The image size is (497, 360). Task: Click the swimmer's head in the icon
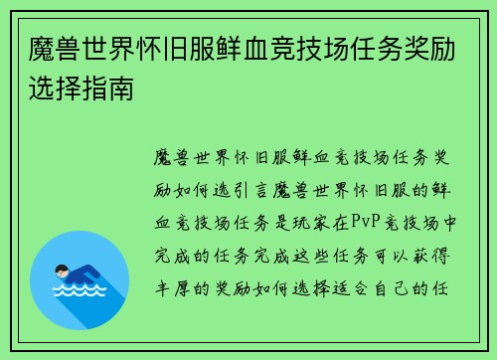(63, 270)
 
